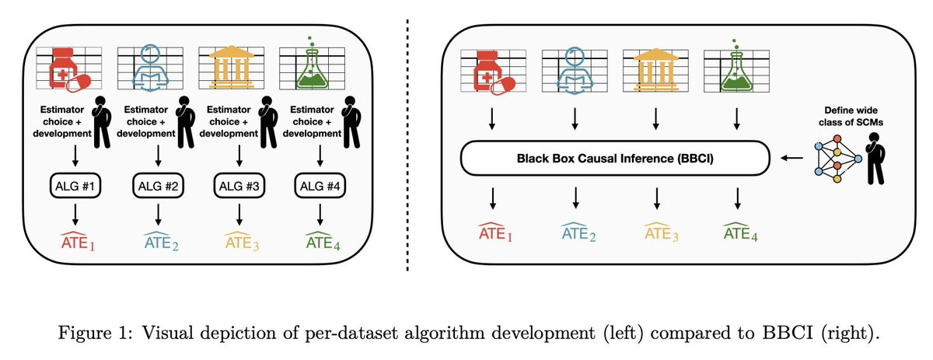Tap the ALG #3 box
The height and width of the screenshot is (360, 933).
pyautogui.click(x=238, y=185)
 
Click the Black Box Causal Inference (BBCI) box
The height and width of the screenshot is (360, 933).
pyautogui.click(x=615, y=159)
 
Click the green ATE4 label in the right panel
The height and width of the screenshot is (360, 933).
pyautogui.click(x=739, y=232)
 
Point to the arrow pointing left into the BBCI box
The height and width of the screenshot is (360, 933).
pyautogui.click(x=792, y=159)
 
